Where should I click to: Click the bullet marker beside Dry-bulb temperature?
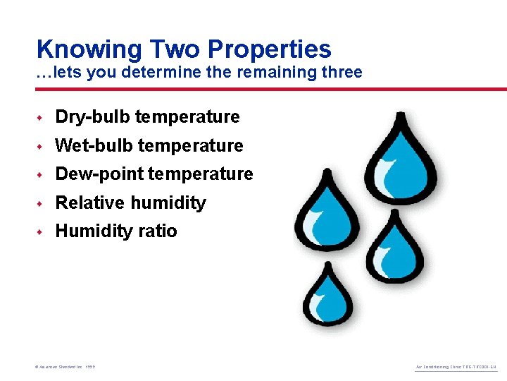[42, 117]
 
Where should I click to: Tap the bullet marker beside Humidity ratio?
[42, 231]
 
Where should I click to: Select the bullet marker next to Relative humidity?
[42, 203]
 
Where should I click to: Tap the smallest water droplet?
[328, 296]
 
